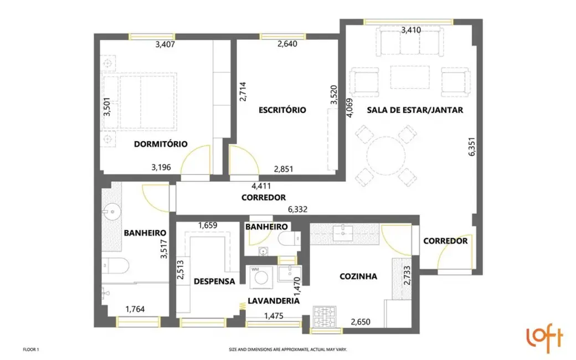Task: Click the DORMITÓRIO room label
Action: [161, 144]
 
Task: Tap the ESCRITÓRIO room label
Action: [282, 110]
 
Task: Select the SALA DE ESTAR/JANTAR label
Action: [415, 110]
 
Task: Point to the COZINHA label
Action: [358, 276]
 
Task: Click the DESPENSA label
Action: [214, 281]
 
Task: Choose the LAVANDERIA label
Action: [274, 301]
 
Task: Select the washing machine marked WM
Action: [259, 276]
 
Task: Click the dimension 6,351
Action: [471, 148]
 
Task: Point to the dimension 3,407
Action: [166, 45]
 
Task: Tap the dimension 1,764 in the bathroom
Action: [135, 309]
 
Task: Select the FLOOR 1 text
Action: [31, 349]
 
